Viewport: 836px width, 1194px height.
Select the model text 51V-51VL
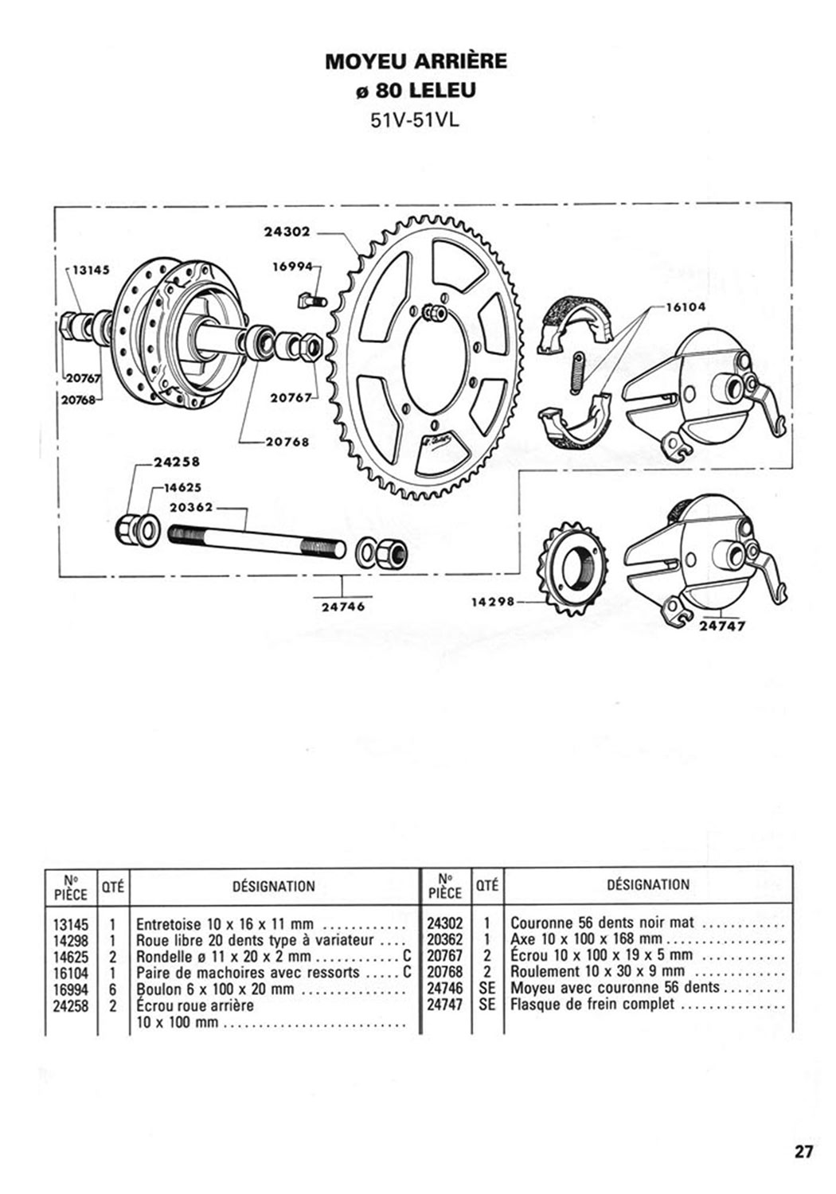point(414,121)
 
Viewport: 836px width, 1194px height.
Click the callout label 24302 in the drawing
point(287,232)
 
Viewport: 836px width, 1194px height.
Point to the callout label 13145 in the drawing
point(91,270)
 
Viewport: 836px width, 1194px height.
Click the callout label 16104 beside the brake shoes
point(686,307)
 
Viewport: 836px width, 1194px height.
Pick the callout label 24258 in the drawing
point(177,462)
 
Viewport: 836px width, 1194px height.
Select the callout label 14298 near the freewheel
point(493,602)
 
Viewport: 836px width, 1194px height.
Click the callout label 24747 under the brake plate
point(722,626)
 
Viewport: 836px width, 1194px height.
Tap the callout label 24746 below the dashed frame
point(343,607)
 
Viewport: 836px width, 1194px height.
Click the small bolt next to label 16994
point(311,301)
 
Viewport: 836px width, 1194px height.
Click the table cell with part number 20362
point(444,954)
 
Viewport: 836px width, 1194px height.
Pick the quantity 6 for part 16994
point(112,989)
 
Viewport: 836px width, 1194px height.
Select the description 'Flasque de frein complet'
point(592,1005)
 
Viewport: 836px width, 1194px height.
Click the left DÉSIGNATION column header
point(274,887)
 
